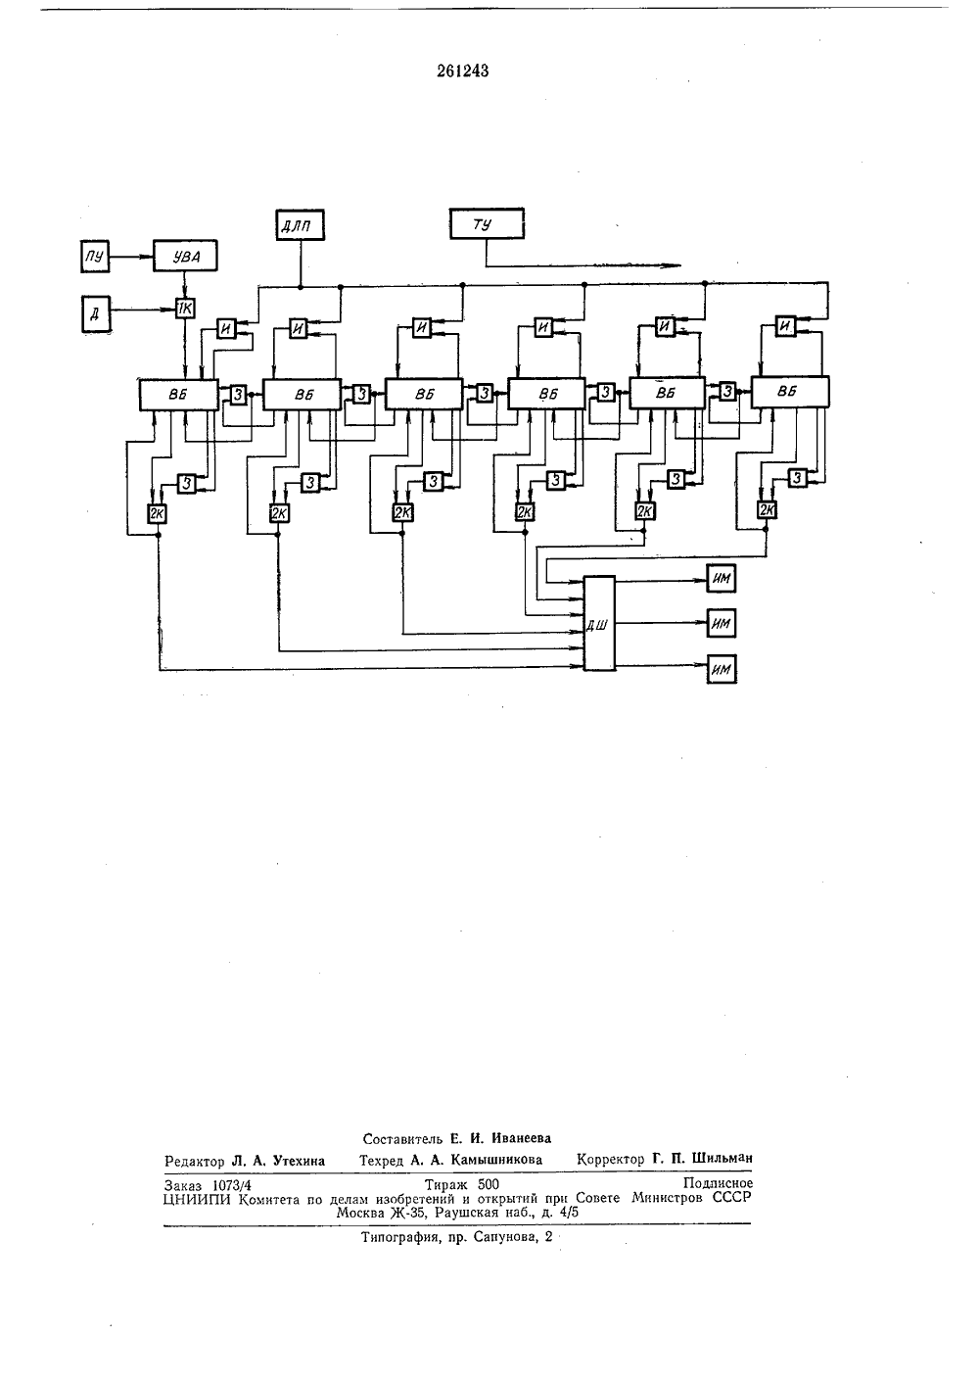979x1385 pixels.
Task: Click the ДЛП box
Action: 300,225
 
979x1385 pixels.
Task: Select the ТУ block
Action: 487,223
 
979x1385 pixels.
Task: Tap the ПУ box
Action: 95,257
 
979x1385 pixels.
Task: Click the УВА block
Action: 185,256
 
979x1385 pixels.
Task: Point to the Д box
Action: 95,314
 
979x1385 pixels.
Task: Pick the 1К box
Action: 185,308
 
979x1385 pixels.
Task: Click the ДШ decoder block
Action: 599,623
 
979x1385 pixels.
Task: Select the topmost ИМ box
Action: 722,579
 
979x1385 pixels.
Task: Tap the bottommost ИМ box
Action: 722,670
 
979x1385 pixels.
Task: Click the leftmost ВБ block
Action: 178,395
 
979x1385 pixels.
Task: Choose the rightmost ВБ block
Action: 790,392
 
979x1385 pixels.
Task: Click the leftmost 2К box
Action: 157,513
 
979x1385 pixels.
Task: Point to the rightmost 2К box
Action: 767,509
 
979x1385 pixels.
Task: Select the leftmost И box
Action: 226,329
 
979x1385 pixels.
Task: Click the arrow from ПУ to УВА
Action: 131,256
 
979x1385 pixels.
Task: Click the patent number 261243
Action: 463,72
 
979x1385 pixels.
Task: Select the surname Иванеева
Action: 521,1138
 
